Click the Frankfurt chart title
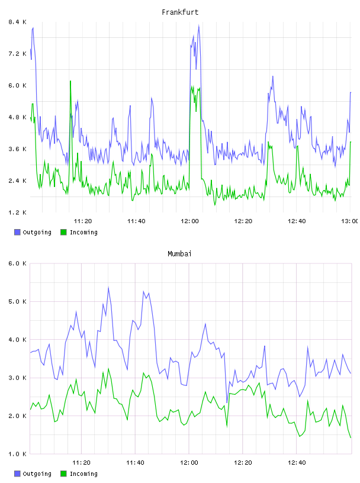point(180,12)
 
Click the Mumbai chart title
point(179,254)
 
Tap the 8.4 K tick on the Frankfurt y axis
point(17,22)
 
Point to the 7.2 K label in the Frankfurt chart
point(17,54)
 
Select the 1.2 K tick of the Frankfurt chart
point(17,212)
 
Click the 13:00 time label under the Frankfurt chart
point(349,221)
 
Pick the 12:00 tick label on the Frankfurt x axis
point(189,221)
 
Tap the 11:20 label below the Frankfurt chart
point(83,221)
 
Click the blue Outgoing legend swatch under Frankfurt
point(17,232)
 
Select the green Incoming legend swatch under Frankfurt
point(63,232)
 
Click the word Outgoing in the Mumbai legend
point(37,474)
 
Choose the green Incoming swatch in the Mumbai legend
point(63,474)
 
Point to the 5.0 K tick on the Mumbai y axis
point(17,301)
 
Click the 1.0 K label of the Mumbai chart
point(17,454)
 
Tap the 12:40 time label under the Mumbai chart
point(297,463)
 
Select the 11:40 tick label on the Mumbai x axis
point(135,463)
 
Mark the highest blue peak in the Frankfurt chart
point(199,26)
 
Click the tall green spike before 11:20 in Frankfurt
point(70,81)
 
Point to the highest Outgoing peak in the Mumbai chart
point(108,288)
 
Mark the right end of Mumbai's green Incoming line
point(351,437)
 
